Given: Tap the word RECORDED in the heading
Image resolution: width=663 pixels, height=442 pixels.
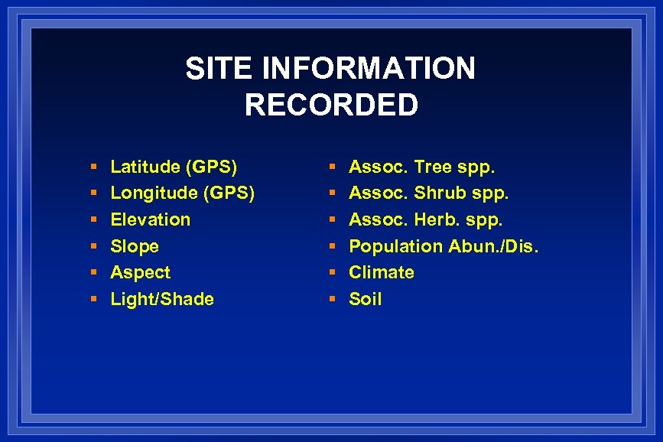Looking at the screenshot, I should (x=331, y=106).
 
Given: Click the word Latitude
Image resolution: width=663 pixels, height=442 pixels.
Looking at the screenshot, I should (x=145, y=167).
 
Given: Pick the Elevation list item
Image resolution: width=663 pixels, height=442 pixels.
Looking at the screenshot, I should (x=151, y=219).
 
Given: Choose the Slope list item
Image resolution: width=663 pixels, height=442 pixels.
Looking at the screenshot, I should (x=135, y=246).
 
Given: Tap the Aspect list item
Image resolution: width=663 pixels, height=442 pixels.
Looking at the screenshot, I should (x=141, y=272).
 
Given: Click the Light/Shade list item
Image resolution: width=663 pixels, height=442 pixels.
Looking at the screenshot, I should (x=162, y=299).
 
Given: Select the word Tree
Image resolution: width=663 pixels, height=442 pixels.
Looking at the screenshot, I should (x=433, y=167).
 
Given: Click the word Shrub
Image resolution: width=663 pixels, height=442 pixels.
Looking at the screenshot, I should (x=440, y=193).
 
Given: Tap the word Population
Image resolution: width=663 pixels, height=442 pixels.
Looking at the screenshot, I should (x=395, y=246).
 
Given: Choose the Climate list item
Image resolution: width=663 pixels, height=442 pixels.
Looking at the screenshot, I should (x=382, y=272).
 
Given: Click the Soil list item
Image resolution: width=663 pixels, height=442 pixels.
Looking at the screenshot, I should (x=365, y=299).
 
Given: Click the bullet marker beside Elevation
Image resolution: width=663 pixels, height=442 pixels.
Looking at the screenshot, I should (x=93, y=220).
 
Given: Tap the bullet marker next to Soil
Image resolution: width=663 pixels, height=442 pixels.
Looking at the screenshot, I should (x=332, y=300).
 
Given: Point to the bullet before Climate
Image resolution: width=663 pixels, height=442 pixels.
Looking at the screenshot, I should (x=332, y=273).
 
